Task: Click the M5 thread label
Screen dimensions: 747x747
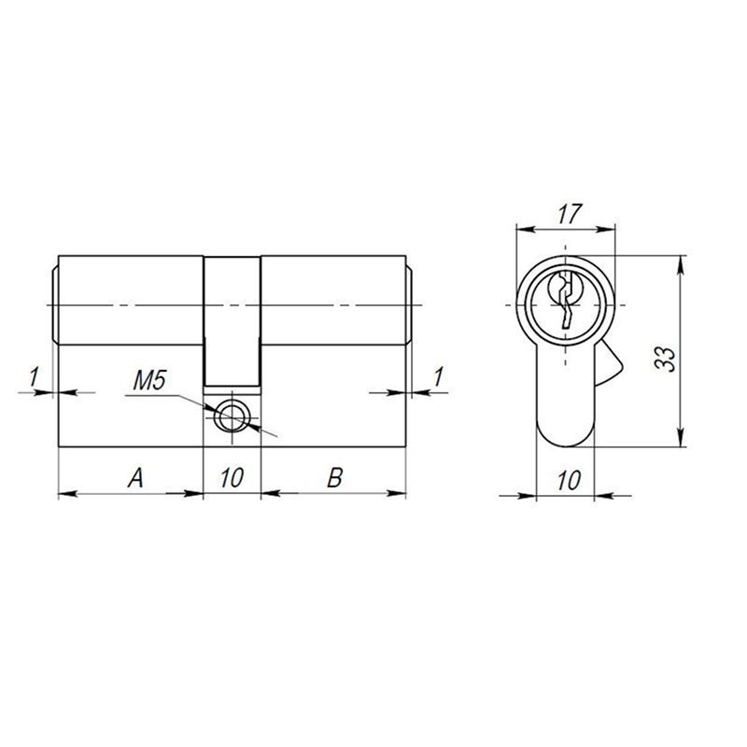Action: pos(149,381)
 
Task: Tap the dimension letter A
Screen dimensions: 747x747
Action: pos(135,478)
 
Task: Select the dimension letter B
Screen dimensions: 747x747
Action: pos(335,478)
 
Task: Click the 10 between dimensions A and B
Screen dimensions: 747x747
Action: pos(232,478)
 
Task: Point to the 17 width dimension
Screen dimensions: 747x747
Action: pos(570,214)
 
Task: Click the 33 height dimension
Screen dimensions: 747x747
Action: pos(665,359)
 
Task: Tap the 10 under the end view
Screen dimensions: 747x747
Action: pos(569,480)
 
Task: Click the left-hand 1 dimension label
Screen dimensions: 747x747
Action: pos(34,377)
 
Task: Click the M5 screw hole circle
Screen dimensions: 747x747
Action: pos(232,416)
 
